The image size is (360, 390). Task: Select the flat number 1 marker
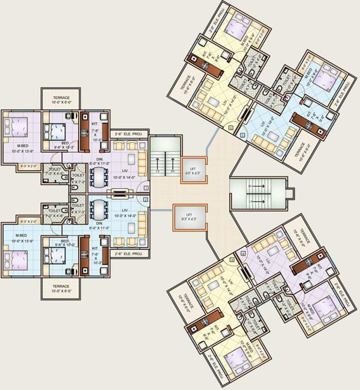tap(146, 188)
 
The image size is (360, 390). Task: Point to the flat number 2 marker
tap(146, 200)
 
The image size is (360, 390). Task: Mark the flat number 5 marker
tap(242, 135)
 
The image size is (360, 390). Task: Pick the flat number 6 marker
tap(231, 128)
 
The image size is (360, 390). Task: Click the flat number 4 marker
tap(243, 252)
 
